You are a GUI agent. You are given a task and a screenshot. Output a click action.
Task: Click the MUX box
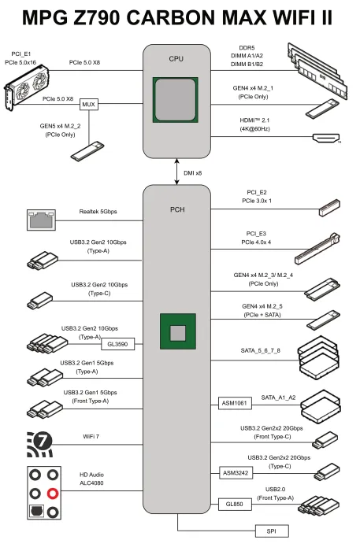(88, 105)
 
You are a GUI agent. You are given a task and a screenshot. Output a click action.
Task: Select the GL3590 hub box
(117, 344)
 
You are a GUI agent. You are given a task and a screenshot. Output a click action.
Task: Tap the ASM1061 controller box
(235, 403)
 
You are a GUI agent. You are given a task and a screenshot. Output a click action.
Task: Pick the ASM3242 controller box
(236, 473)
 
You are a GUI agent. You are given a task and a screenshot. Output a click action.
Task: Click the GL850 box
(235, 505)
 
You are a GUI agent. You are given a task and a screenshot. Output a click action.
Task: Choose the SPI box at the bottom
(272, 531)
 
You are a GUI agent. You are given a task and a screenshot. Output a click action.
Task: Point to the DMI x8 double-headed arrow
(176, 172)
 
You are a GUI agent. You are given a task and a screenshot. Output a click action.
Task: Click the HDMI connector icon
(326, 138)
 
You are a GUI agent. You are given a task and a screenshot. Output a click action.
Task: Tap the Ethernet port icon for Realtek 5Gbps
(42, 220)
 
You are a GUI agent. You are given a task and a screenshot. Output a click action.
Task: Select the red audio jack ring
(53, 494)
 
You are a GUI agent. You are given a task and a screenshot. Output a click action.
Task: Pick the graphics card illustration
(26, 87)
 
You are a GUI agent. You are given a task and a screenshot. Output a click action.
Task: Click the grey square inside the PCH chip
(178, 333)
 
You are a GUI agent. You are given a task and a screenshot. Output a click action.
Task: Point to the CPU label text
(176, 59)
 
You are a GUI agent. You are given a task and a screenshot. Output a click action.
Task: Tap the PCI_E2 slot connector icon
(329, 208)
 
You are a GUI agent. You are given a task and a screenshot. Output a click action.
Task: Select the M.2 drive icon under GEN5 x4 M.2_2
(87, 151)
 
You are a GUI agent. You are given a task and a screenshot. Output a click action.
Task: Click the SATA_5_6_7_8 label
(261, 350)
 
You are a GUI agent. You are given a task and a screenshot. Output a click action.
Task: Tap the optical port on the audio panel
(36, 511)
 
